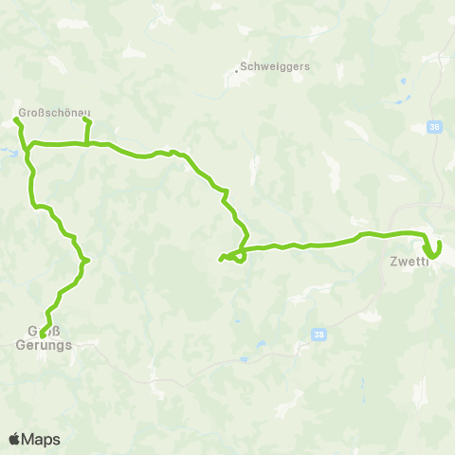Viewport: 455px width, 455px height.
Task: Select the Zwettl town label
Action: point(408,262)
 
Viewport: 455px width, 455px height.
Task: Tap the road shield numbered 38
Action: point(316,334)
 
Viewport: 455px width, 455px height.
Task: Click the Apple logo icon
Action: point(15,439)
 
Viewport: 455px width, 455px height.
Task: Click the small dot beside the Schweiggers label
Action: point(236,69)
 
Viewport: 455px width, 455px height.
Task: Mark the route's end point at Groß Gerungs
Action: point(43,334)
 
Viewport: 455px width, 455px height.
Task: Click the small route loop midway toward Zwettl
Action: point(240,255)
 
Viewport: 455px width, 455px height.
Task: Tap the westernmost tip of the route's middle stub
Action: point(221,259)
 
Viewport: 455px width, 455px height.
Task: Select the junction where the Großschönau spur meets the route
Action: point(87,144)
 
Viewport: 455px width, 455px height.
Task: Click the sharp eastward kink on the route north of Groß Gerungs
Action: point(86,260)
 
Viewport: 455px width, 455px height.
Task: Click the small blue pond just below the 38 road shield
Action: point(244,360)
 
